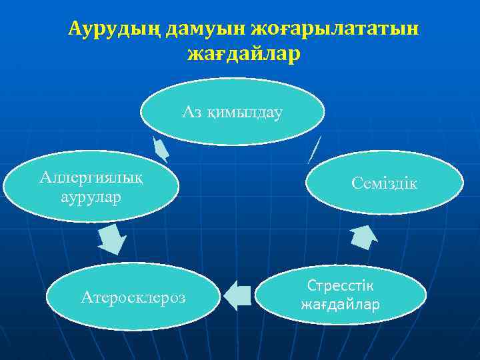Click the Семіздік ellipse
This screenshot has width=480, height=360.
[384, 183]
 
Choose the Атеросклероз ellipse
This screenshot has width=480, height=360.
[133, 296]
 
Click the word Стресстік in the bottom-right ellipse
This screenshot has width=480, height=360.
[340, 285]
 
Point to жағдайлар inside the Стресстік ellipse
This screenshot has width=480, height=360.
[340, 305]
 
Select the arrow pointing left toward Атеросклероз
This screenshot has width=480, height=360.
[237, 295]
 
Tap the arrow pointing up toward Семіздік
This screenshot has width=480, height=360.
[364, 235]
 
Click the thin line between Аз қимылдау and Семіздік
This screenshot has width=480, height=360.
[315, 149]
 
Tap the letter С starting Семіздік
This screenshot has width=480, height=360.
[356, 183]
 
